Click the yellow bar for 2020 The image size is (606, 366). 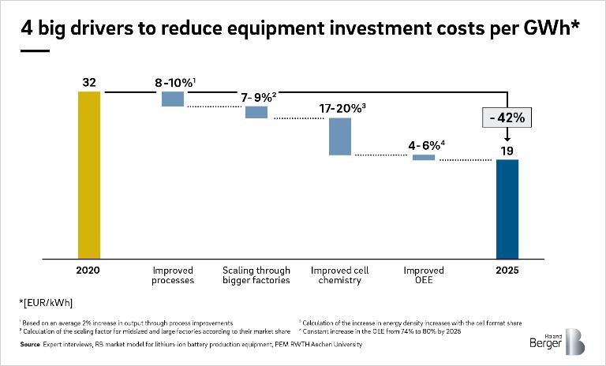pos(89,174)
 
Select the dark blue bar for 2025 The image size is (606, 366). pos(507,208)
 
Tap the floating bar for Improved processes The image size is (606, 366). pos(173,99)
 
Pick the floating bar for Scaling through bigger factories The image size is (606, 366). pos(256,112)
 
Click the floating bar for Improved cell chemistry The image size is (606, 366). pos(340,136)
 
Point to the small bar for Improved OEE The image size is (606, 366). pos(424,157)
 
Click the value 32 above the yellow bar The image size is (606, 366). pos(89,81)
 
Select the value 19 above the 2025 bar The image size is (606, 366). pos(507,149)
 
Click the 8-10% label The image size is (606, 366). pos(174,81)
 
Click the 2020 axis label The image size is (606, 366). pos(89,271)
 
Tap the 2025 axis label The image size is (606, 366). pos(507,271)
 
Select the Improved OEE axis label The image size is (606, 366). pos(424,275)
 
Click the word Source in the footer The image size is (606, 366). pos(30,345)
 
